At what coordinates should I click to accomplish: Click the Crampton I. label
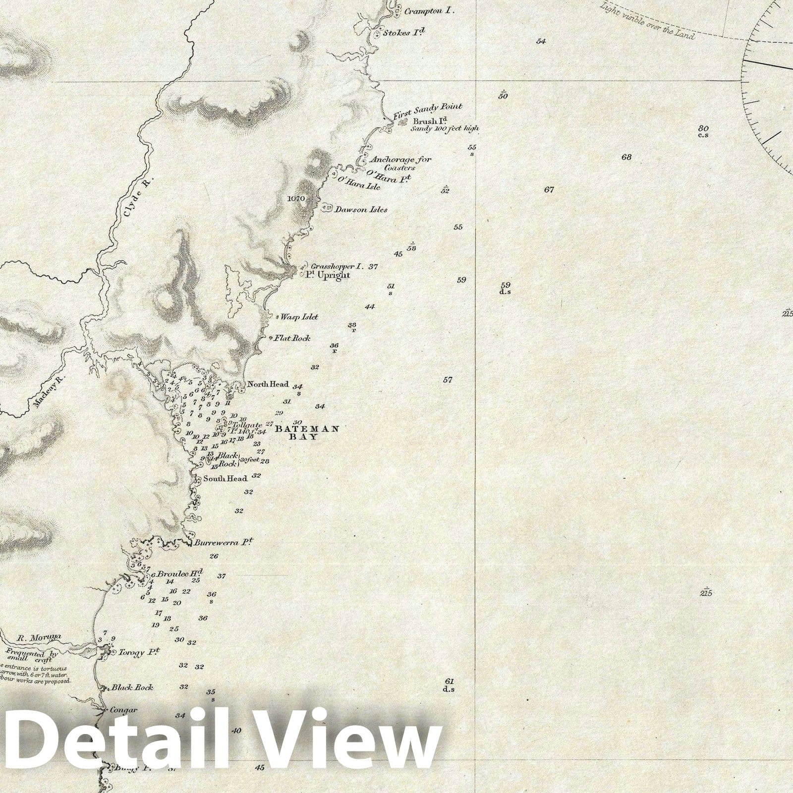429,10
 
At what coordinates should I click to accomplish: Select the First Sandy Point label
427,111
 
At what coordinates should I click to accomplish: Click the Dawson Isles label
361,209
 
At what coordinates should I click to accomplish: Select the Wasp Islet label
299,317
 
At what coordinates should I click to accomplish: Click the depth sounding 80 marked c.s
702,131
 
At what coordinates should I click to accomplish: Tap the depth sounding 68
626,157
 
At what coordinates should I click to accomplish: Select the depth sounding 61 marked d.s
449,684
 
